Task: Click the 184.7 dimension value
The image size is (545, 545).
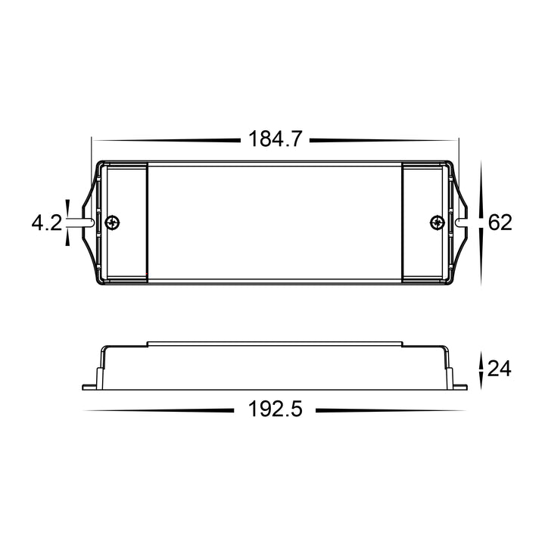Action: [x=275, y=139]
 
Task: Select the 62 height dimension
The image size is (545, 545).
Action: [x=500, y=223]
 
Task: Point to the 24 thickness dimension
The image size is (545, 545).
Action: [x=500, y=369]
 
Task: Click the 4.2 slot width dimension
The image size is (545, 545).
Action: [x=47, y=223]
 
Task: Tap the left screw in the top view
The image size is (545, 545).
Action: [x=113, y=223]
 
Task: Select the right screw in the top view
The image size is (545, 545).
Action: [x=438, y=223]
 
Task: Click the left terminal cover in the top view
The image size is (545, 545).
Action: [x=126, y=223]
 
